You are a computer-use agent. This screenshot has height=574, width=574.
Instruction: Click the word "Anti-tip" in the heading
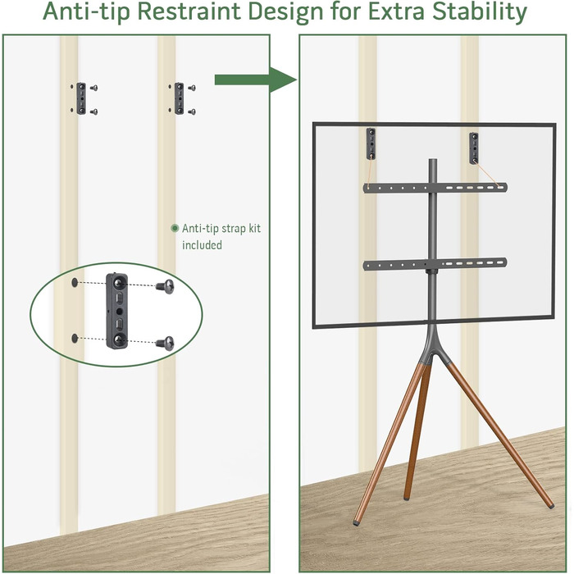tap(86, 11)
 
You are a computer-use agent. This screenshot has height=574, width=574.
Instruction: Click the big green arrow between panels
tap(256, 80)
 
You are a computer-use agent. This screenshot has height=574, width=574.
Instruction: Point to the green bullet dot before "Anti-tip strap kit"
tap(175, 229)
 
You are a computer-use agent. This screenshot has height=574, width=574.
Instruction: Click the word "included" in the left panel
tap(202, 245)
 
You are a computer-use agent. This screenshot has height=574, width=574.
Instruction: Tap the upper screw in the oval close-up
tap(165, 286)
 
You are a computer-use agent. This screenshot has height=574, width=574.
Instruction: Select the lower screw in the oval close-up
tap(165, 343)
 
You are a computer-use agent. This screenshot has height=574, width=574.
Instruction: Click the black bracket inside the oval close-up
tap(117, 311)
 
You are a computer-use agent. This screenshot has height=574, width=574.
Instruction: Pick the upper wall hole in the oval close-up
tap(75, 283)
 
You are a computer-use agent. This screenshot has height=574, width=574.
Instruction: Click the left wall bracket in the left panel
tap(81, 98)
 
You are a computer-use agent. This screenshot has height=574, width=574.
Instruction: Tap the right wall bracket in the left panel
tap(179, 98)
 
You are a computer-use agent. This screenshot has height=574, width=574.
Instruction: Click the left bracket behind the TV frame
tap(371, 143)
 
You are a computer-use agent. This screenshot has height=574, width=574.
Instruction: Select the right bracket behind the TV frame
tap(474, 148)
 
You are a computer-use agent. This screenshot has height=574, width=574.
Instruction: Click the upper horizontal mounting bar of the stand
tap(435, 188)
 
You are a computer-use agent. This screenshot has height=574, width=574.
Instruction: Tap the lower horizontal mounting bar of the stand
tap(435, 263)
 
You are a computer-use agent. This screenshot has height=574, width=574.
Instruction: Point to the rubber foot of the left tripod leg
tap(356, 523)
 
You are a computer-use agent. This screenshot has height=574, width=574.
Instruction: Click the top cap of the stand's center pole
tap(433, 162)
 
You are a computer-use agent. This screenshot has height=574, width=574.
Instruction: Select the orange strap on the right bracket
tap(488, 174)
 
